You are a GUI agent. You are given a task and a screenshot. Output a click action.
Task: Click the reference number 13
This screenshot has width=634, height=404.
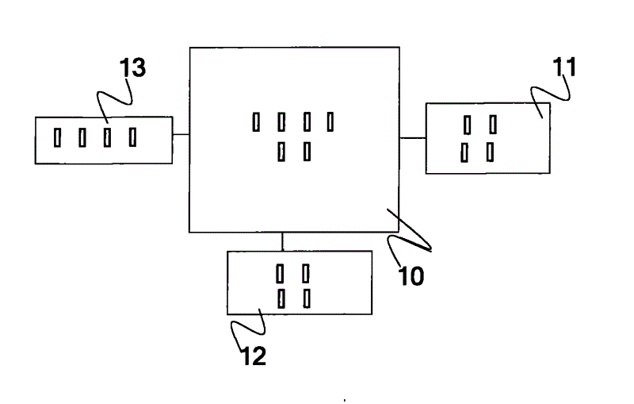coord(132,68)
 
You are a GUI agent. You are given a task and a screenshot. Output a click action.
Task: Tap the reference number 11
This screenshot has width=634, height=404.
coord(564,67)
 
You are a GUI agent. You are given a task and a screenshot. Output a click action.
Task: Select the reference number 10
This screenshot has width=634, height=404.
coord(411,275)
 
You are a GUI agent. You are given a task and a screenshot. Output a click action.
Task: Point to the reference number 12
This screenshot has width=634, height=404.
coord(254,356)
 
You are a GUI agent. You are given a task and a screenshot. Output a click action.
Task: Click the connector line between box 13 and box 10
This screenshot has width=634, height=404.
coord(181,135)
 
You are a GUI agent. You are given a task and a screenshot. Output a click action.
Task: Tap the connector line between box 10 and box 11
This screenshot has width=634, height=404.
coord(412,138)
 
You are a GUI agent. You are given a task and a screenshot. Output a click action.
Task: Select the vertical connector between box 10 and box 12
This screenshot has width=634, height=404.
coord(282,241)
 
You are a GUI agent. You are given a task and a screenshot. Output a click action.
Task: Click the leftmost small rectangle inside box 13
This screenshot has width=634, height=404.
coord(57,137)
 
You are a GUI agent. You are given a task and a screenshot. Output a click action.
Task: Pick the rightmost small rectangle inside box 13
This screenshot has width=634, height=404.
coord(132,137)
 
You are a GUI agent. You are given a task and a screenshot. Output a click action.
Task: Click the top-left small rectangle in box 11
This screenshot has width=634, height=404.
coord(467,125)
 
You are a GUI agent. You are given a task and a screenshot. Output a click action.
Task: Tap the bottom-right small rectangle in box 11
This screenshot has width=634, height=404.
coord(491,152)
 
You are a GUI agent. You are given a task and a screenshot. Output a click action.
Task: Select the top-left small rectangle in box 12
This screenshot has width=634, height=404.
coord(279,274)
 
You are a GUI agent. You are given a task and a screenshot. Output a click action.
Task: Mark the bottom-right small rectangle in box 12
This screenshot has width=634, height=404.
coord(306,298)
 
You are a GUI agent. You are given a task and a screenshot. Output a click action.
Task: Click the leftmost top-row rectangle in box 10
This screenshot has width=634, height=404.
coord(256,121)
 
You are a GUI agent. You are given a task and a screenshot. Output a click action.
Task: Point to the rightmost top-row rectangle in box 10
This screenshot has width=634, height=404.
coord(330,121)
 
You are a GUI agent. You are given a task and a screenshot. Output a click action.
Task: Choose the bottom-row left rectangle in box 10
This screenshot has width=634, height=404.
coord(281,151)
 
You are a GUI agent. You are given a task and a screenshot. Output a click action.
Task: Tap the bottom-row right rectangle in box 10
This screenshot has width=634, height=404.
coord(306,151)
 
